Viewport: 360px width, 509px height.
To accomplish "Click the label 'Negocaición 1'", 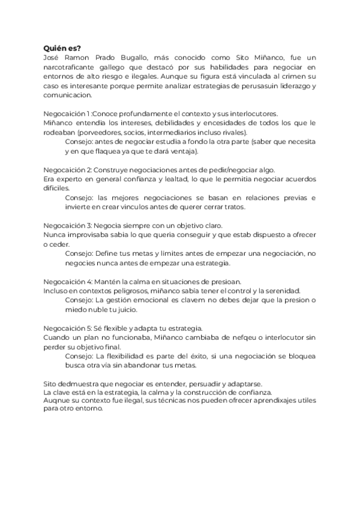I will [x=67, y=114].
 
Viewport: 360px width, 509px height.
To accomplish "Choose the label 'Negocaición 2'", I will [x=67, y=170].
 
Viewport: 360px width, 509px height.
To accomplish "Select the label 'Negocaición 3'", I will [x=67, y=226].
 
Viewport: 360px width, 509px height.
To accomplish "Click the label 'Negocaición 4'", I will [x=67, y=282].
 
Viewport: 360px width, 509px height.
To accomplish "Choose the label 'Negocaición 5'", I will [x=67, y=328].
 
